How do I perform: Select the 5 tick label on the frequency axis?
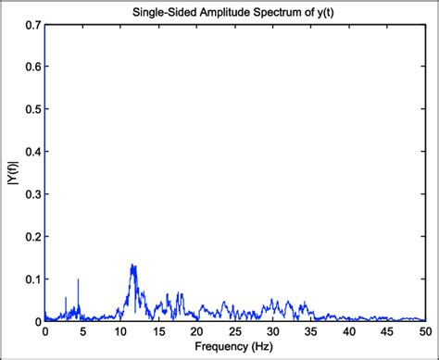(x=82, y=331)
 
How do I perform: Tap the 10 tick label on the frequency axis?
(x=120, y=331)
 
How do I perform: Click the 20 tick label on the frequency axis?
(x=196, y=331)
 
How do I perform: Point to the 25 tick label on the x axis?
(x=234, y=331)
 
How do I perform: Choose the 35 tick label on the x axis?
(x=311, y=331)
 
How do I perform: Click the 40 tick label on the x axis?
(x=349, y=331)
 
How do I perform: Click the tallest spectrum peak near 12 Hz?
(x=132, y=266)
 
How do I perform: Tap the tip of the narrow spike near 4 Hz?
(x=78, y=279)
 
